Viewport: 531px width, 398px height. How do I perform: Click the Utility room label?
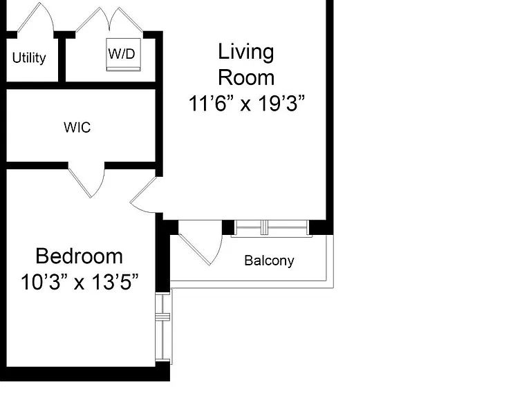click(29, 58)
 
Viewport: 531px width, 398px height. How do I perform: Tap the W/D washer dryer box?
click(123, 55)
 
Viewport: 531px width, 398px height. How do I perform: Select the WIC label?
click(77, 128)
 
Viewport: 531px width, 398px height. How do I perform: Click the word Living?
click(246, 53)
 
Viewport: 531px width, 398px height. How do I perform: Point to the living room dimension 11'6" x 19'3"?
click(247, 103)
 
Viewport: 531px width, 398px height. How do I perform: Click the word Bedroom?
click(79, 256)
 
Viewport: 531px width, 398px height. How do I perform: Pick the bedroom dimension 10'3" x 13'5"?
click(80, 282)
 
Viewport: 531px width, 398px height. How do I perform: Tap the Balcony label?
click(269, 260)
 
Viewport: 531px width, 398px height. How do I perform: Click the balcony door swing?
click(201, 243)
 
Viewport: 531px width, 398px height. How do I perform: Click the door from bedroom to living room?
click(143, 196)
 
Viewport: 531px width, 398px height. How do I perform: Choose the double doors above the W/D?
click(109, 19)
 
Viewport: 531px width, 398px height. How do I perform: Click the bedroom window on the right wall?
click(163, 327)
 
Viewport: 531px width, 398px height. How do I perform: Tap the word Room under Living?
click(246, 78)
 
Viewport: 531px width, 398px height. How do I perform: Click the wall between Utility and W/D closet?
click(62, 58)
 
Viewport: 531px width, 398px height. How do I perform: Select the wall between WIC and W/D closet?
click(82, 86)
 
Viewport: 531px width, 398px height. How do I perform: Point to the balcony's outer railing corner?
click(333, 287)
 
